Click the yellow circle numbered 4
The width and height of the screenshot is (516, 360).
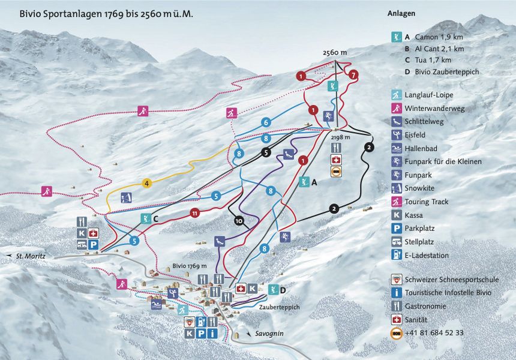[146, 183]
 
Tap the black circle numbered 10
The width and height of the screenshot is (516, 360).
[239, 220]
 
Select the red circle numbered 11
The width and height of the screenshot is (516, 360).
[194, 213]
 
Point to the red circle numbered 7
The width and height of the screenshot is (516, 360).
[354, 75]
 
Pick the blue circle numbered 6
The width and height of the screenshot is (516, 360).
[265, 122]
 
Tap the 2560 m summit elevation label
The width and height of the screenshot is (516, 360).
[335, 53]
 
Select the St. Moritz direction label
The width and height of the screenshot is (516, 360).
[31, 256]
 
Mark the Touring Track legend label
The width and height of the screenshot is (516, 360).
[427, 202]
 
